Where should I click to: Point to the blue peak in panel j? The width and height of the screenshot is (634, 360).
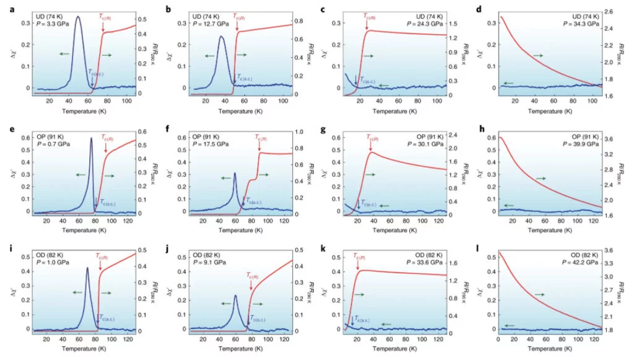(x=235, y=296)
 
